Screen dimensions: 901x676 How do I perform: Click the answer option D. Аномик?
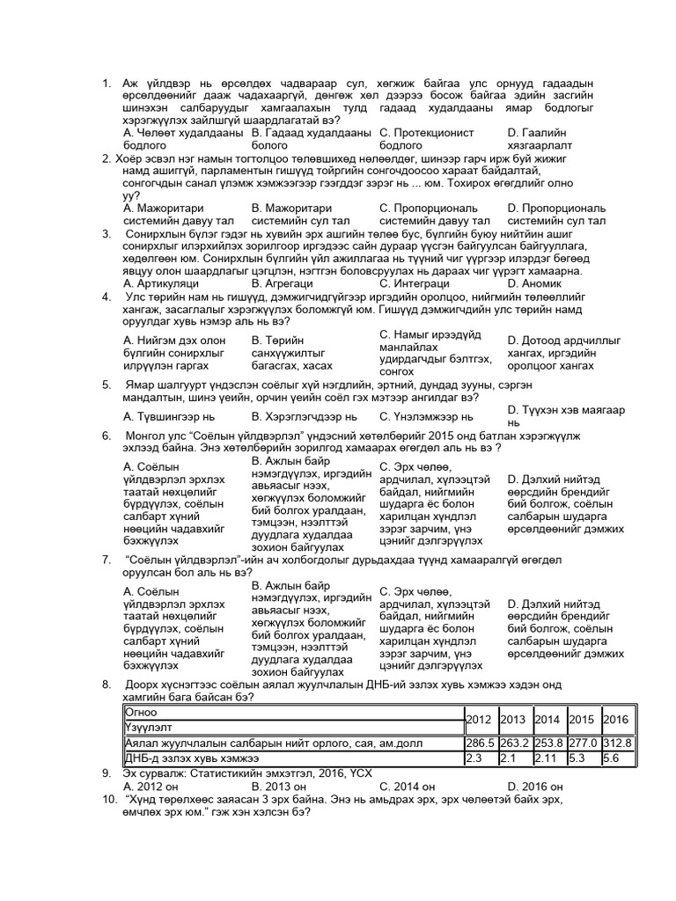[534, 283]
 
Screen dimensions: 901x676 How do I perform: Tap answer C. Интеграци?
[413, 283]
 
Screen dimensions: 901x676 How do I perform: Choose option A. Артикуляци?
[161, 283]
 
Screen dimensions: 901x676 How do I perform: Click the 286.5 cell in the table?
[480, 744]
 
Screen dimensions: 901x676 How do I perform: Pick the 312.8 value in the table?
[617, 744]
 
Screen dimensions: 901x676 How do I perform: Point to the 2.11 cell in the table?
[548, 758]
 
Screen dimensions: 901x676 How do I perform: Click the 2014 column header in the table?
[548, 719]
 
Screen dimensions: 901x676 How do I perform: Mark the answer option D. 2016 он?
[535, 786]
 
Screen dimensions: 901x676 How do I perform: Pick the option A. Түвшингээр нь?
[169, 416]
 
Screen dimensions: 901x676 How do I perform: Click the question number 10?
[109, 799]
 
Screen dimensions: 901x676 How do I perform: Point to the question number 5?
[106, 385]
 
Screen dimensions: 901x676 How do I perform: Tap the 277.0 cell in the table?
[583, 744]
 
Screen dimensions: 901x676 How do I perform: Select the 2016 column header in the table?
[617, 719]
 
